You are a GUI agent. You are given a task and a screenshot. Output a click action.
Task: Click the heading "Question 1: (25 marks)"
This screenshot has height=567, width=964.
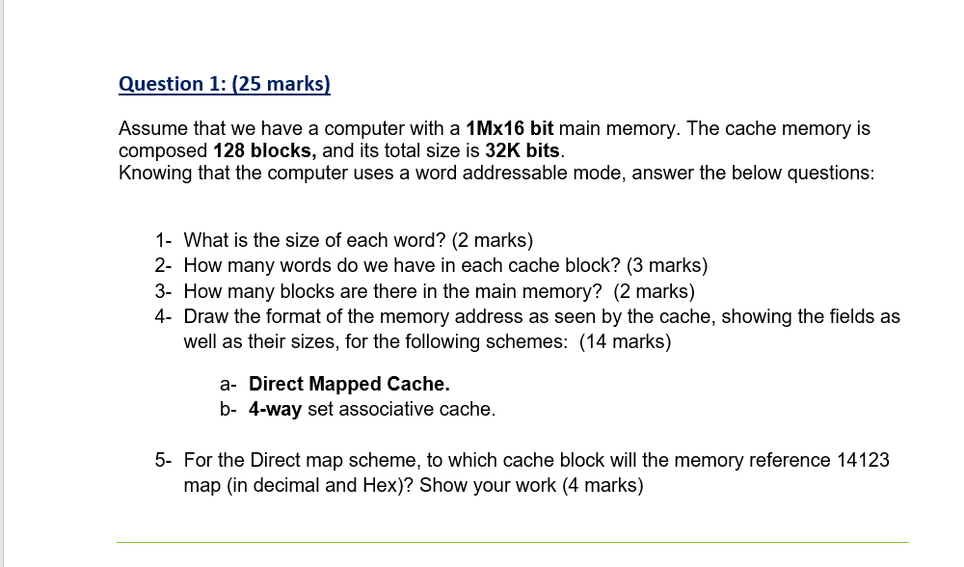[224, 84]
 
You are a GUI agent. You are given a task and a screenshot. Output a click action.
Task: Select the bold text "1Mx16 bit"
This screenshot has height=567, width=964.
[509, 128]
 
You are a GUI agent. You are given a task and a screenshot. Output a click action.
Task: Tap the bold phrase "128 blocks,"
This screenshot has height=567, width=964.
[264, 150]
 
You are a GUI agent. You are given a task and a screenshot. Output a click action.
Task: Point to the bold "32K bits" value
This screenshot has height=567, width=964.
[522, 150]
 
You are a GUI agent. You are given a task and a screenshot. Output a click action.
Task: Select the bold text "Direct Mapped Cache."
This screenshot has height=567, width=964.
[349, 384]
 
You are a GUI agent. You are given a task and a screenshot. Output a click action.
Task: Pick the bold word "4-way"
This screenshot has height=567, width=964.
[275, 409]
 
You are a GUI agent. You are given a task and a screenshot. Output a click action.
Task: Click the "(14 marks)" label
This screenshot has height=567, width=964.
[625, 341]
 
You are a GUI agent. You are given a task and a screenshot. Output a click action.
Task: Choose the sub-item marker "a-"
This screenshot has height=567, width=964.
[228, 384]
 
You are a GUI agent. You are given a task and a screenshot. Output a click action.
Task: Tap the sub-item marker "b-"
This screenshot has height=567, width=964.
[228, 409]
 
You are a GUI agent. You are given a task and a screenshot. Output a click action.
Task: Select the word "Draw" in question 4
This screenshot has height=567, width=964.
[204, 316]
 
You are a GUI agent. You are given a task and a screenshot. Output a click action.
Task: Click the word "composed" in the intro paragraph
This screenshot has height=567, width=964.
[161, 150]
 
